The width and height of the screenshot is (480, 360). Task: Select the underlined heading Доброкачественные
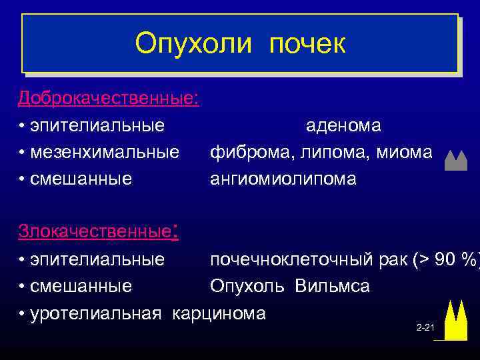107,98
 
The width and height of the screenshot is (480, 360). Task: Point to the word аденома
343,125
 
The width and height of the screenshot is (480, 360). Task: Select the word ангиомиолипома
283,179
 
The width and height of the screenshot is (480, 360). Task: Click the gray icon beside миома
455,161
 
